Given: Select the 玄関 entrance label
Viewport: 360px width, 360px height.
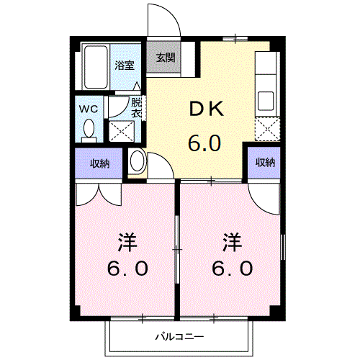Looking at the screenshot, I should (165, 58).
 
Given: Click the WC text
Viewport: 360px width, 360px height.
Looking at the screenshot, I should (89, 109).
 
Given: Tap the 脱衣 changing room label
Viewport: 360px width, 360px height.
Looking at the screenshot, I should (136, 107).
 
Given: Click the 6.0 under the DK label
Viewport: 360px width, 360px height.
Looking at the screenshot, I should (204, 143).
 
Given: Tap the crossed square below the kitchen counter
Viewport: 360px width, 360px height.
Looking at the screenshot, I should (266, 130).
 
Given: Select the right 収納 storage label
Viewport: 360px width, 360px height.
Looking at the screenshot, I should (264, 163).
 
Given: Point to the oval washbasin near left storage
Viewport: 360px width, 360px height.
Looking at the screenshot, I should (136, 161).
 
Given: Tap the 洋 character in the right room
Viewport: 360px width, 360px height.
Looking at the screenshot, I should (230, 240).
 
